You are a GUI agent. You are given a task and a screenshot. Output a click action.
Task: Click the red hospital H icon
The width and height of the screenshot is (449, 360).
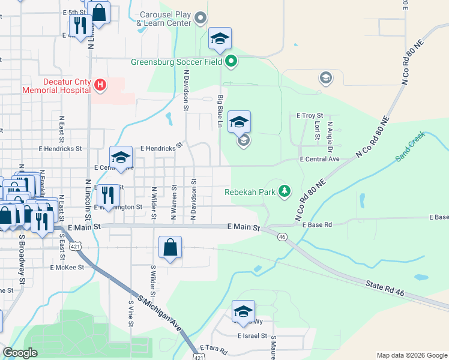click(100, 86)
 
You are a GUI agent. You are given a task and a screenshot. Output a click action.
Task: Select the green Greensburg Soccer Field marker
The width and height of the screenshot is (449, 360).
click(232, 61)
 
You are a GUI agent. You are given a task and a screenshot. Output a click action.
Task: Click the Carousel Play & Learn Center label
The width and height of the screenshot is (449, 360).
click(164, 19)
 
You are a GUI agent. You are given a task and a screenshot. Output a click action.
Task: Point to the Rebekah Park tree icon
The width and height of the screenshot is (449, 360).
click(285, 192)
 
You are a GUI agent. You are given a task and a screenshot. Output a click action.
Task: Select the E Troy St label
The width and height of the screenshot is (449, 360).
click(310, 115)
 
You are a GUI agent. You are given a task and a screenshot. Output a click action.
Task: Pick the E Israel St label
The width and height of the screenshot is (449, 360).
click(252, 336)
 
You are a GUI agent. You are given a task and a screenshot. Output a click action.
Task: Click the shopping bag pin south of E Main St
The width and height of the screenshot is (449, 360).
click(170, 247)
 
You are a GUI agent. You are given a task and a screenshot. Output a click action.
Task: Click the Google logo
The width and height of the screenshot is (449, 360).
click(20, 353)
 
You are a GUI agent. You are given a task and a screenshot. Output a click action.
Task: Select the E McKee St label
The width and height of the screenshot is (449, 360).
click(67, 267)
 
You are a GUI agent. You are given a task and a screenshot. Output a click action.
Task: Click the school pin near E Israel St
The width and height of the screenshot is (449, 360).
click(243, 311)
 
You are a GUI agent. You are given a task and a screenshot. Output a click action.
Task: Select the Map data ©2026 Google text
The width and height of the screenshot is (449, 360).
click(411, 355)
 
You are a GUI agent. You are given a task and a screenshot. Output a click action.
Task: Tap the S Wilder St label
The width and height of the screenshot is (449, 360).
click(153, 282)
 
